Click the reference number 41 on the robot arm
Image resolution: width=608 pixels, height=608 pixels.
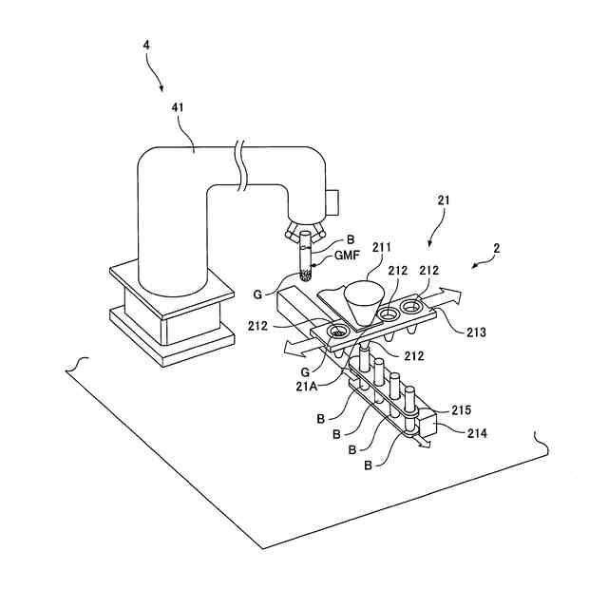[x=177, y=108]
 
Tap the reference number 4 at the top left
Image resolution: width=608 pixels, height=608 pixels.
[x=146, y=45]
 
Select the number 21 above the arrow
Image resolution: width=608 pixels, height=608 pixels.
[x=444, y=201]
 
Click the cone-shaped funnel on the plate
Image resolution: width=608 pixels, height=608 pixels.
[x=362, y=302]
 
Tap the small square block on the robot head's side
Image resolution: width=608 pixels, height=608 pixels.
[x=332, y=201]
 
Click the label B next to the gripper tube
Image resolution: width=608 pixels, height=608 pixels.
[x=323, y=240]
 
